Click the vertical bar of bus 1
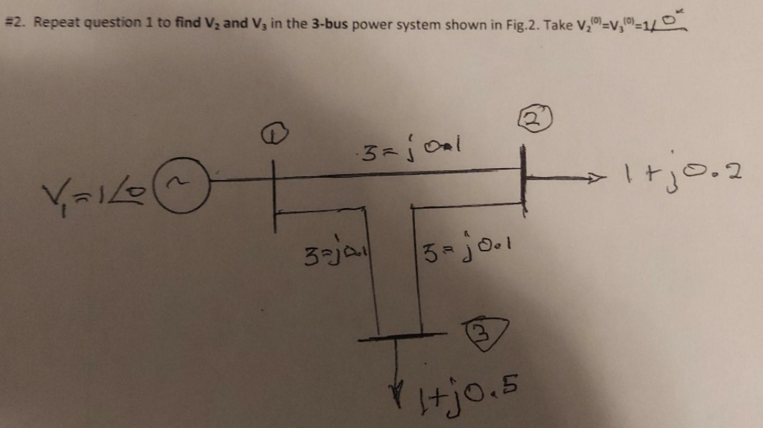[274, 196]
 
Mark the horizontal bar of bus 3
[402, 336]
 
